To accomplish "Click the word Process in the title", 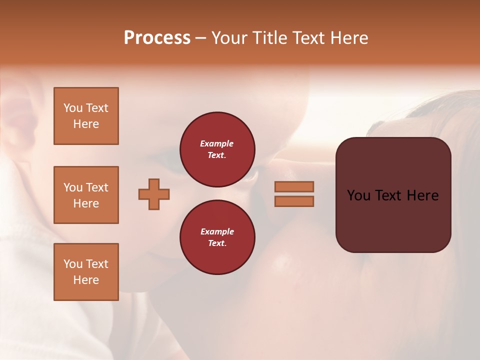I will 157,38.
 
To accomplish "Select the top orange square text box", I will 86,116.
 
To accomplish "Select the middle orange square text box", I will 86,195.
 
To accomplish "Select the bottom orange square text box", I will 86,272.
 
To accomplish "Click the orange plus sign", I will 154,194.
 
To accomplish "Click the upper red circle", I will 217,149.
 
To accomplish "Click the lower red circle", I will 217,237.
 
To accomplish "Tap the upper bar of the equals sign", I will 294,186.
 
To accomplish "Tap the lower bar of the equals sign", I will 294,201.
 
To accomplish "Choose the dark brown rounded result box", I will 393,195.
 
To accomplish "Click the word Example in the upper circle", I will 217,143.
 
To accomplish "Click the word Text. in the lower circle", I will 217,243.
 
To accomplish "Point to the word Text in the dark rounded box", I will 389,195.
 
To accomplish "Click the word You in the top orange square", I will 73,108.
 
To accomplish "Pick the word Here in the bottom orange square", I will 86,280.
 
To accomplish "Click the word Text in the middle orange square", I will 97,187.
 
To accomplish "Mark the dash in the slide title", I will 200,38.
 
